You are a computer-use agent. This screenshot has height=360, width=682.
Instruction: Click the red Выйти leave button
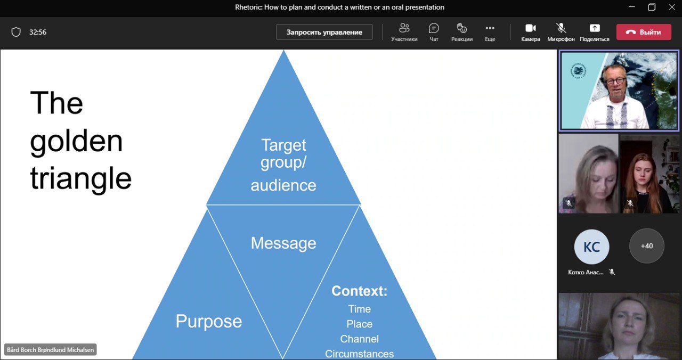click(643, 32)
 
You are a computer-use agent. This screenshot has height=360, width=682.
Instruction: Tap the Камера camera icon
click(530, 28)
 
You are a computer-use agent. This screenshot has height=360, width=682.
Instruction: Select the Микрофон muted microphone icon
click(561, 28)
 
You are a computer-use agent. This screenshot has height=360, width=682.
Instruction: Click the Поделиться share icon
click(594, 28)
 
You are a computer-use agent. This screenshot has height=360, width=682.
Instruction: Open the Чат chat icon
click(434, 28)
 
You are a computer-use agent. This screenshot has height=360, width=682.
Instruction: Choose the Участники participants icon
click(404, 28)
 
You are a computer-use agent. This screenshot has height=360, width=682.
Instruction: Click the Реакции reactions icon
click(461, 28)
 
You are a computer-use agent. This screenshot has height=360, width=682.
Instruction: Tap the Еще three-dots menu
click(490, 28)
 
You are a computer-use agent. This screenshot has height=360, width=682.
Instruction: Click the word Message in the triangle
click(283, 243)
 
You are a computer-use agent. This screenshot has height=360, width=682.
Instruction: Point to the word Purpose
click(209, 321)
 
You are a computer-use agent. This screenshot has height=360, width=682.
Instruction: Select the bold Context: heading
click(359, 291)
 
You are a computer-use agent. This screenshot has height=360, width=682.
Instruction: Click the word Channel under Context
click(359, 339)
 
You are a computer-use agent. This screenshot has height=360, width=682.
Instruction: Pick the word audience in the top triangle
click(283, 185)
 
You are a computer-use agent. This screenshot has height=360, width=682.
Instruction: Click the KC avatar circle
click(591, 247)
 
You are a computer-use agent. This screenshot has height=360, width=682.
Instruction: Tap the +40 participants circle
click(646, 246)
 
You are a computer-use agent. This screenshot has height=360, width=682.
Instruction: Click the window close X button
click(671, 7)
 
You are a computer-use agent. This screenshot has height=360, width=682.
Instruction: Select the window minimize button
click(631, 7)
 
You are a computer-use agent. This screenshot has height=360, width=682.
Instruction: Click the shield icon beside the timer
click(16, 32)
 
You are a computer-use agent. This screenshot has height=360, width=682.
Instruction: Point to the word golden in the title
click(76, 141)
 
